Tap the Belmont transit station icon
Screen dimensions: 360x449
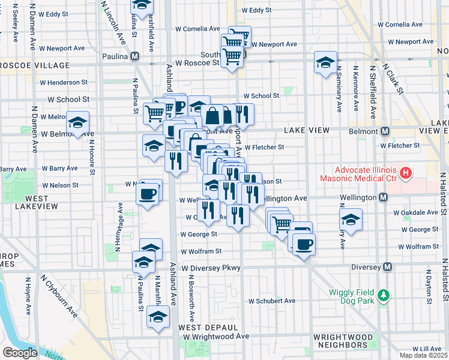[x=386, y=131]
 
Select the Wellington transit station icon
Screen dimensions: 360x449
[x=382, y=197]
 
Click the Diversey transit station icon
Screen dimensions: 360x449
[x=388, y=266]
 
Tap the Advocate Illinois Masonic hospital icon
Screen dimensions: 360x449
[x=406, y=173]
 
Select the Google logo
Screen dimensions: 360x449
[x=20, y=352]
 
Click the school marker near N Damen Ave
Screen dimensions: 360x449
[x=77, y=123]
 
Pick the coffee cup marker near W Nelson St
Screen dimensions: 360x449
[x=148, y=193]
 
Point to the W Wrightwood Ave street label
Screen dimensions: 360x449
[x=216, y=337]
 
